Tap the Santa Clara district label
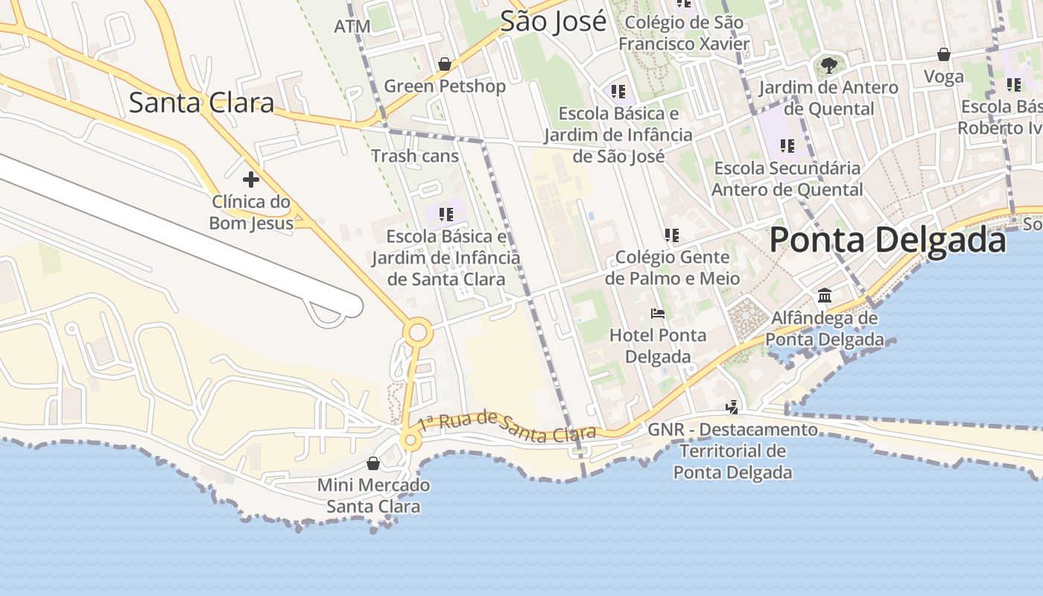click(201, 102)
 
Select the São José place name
click(553, 22)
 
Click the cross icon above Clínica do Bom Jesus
click(251, 180)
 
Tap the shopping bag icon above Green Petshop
click(445, 65)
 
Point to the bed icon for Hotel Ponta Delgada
click(657, 313)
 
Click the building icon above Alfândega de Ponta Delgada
click(824, 296)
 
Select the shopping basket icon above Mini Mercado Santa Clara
click(373, 463)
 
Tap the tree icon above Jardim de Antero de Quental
click(828, 66)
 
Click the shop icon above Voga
click(943, 54)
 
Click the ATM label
click(352, 27)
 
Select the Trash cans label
click(415, 156)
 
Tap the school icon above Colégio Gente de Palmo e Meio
click(672, 235)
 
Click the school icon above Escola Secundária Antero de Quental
click(787, 146)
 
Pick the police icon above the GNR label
click(732, 407)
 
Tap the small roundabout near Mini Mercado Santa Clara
click(410, 441)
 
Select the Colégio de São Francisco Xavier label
click(684, 33)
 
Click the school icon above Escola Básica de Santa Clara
click(446, 215)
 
